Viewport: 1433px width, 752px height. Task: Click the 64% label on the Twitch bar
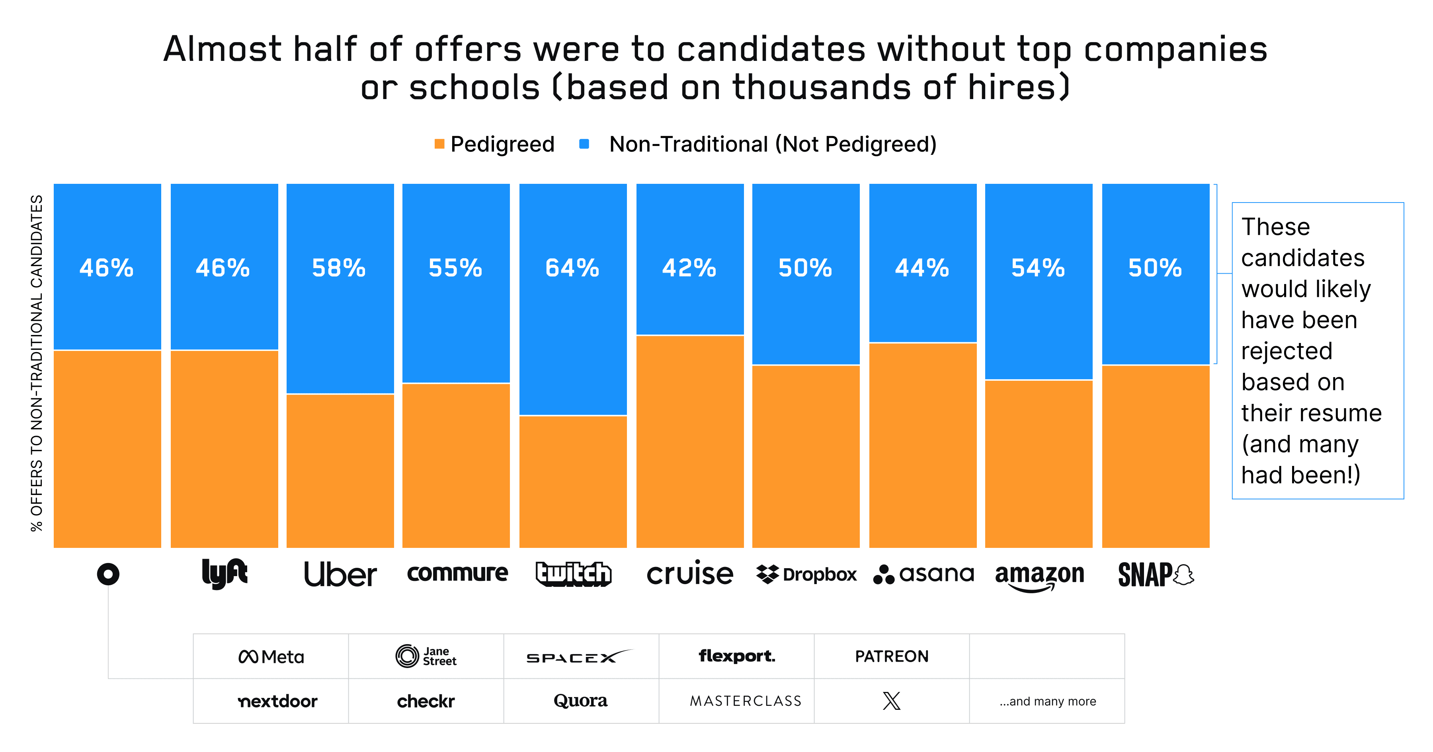point(572,268)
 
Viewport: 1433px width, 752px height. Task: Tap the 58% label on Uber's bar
point(339,268)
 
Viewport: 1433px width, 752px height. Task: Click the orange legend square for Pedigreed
point(439,144)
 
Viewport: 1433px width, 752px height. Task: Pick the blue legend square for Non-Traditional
point(584,144)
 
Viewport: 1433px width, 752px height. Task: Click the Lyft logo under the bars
point(224,573)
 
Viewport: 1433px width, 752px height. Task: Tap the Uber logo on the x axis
point(340,574)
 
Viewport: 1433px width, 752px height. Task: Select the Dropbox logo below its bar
point(806,574)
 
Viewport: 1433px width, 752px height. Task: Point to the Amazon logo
point(1039,576)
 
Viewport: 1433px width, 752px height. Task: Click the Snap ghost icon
point(1184,575)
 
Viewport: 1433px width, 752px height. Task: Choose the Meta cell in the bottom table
point(271,657)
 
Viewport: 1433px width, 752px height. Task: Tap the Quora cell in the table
point(580,701)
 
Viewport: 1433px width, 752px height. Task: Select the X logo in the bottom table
point(891,701)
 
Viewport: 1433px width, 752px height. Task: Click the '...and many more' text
point(1048,701)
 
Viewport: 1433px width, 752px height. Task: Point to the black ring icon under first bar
point(108,574)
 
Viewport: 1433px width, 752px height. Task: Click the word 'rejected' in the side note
point(1287,351)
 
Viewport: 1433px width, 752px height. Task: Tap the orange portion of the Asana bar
point(922,445)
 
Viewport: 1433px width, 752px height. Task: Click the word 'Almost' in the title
point(222,49)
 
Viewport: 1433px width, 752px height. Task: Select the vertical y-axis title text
point(37,362)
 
